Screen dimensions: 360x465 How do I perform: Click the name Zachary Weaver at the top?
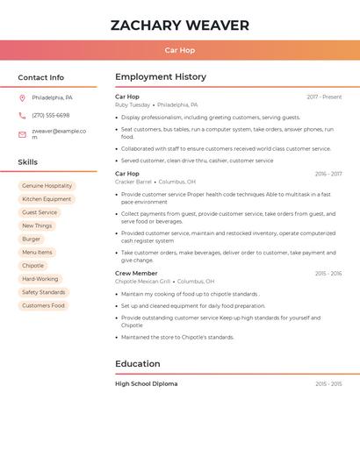tap(180, 25)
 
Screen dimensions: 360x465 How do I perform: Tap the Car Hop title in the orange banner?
tap(180, 51)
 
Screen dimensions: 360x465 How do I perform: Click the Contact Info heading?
tap(41, 77)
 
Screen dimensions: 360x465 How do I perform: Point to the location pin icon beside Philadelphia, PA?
tap(22, 97)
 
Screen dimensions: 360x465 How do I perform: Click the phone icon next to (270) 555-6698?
tap(22, 115)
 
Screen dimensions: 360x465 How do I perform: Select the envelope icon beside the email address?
tap(22, 134)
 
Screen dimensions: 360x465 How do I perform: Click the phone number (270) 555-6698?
tap(51, 115)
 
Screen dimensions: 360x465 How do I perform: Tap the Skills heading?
tap(28, 162)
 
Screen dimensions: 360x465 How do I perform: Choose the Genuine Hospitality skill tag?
tap(47, 186)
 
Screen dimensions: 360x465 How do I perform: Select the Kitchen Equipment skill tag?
tap(47, 199)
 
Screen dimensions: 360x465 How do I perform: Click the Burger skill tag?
tap(32, 239)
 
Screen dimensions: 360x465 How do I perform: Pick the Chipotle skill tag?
tap(33, 265)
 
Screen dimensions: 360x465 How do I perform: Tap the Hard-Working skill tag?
tap(40, 279)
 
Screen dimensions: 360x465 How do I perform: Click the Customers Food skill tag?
tap(44, 305)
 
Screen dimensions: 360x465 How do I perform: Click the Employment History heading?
tap(161, 77)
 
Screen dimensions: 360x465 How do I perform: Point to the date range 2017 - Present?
tap(324, 97)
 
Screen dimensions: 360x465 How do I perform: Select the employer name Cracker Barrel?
tap(133, 182)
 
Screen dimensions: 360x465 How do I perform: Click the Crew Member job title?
tap(136, 273)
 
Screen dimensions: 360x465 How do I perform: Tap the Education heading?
tap(138, 364)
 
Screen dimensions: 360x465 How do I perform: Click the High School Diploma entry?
tap(147, 383)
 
